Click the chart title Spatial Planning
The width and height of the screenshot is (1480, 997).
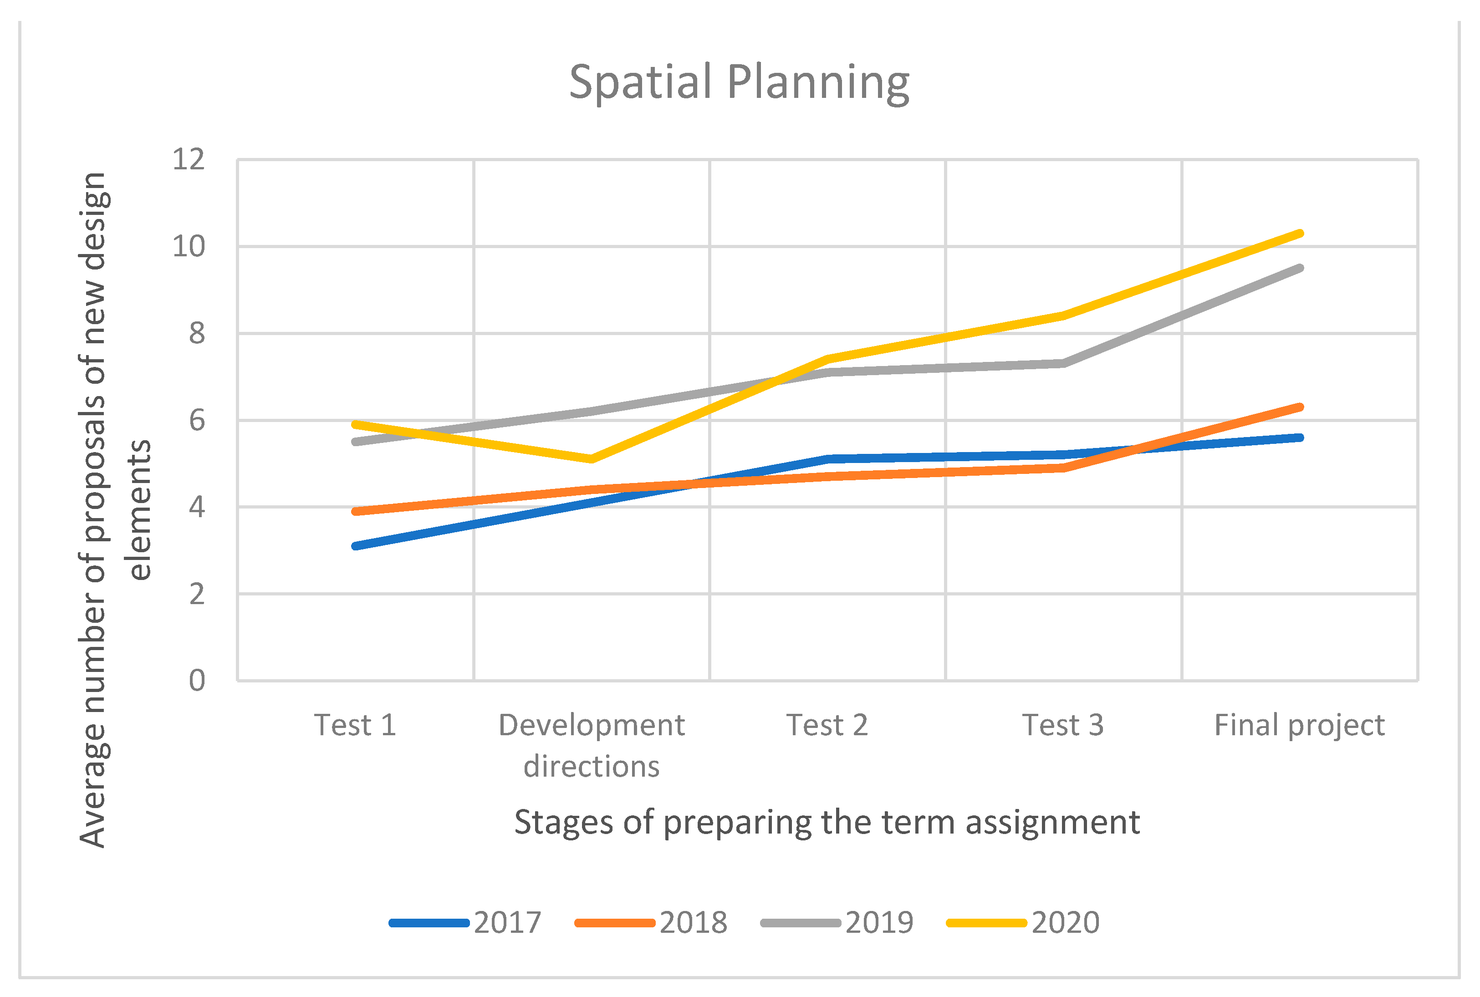739,83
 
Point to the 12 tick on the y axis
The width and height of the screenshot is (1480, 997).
189,160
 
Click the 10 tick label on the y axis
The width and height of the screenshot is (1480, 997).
189,247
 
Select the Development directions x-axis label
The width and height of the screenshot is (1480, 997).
592,746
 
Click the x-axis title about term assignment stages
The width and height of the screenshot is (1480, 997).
827,823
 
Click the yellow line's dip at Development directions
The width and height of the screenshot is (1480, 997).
592,459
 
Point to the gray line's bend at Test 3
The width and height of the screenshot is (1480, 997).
1063,364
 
